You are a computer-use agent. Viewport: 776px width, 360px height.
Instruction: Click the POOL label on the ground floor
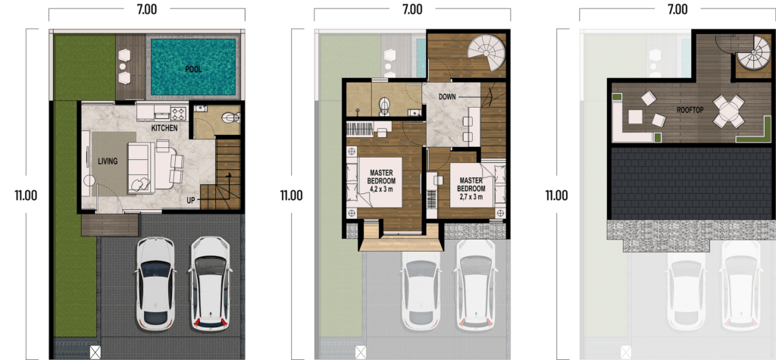[194, 69]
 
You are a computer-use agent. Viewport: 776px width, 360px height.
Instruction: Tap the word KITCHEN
[164, 129]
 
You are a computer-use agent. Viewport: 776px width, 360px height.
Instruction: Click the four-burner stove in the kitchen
[178, 114]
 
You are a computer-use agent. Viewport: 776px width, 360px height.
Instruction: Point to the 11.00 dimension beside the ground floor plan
[26, 196]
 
